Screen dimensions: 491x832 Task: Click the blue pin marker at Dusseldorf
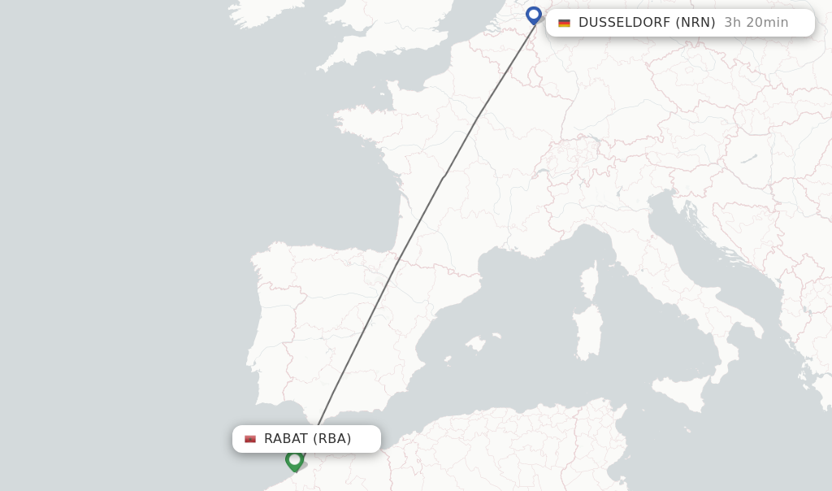(534, 15)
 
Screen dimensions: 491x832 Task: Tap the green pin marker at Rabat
(294, 460)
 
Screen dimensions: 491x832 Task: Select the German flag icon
(564, 23)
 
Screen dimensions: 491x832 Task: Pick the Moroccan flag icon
(250, 439)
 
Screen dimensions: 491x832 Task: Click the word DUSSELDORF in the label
(624, 23)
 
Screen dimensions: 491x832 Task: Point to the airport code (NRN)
(695, 23)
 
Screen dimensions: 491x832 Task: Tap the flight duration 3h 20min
(756, 23)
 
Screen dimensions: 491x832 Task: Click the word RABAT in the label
(286, 439)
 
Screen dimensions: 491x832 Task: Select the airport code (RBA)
(332, 439)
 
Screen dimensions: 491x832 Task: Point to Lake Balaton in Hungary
(748, 159)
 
